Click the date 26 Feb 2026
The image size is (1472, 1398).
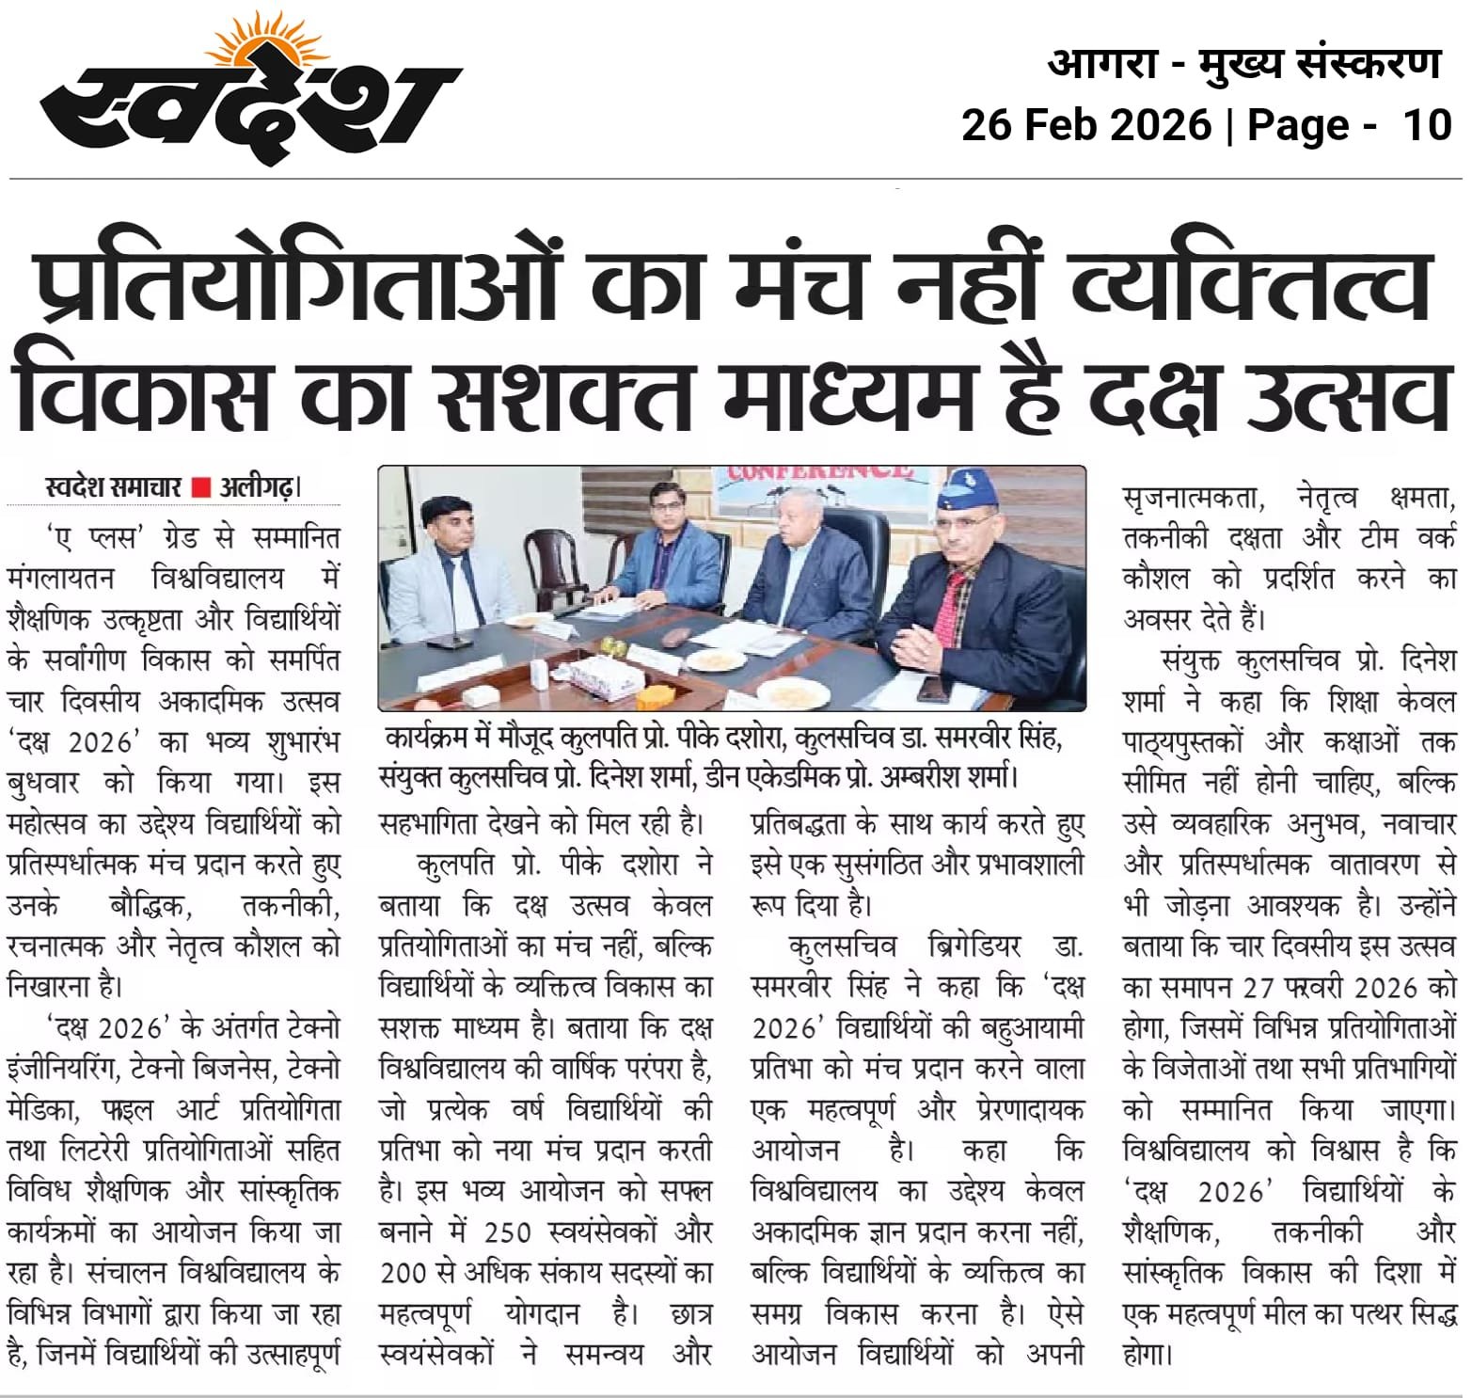coord(1085,124)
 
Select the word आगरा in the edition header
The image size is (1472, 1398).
coord(1101,64)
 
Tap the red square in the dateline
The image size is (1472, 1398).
coord(200,487)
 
